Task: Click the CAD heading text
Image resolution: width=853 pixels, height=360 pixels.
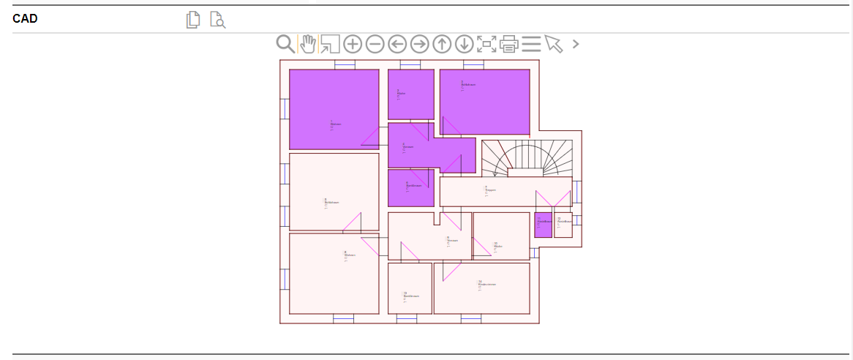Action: tap(25, 19)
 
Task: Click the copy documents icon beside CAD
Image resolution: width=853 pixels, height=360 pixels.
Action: tap(192, 20)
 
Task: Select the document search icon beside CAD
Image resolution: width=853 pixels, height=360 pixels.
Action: tap(217, 20)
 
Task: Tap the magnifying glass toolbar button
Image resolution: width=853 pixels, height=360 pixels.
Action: tap(285, 44)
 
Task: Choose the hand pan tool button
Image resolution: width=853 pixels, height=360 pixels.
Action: tap(308, 44)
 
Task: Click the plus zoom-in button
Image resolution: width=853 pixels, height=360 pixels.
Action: tap(353, 44)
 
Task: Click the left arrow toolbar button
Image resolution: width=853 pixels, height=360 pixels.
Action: tap(397, 44)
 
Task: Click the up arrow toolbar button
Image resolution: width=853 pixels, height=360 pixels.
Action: tap(442, 44)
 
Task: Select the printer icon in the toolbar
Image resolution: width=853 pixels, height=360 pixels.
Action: tap(509, 44)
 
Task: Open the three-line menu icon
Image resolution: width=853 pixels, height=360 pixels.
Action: tap(531, 44)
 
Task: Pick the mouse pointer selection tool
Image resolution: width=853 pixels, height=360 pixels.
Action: tap(554, 44)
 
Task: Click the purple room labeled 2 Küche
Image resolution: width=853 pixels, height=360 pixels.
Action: tap(410, 94)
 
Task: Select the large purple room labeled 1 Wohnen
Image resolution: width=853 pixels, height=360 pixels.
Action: tap(334, 108)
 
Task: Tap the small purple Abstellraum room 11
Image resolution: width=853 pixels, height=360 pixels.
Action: tap(543, 225)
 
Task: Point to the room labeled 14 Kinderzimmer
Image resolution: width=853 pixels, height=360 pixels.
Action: tap(481, 288)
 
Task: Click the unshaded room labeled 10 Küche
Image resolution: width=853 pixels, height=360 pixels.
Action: tap(501, 236)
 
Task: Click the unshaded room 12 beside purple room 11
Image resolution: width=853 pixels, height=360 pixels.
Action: tap(563, 225)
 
